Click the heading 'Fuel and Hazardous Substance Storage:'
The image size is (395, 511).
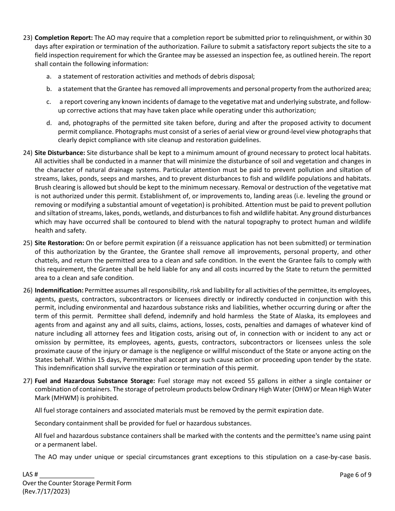[x=95, y=381]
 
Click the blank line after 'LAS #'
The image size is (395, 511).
[x=67, y=474]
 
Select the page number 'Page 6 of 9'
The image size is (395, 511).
[x=355, y=474]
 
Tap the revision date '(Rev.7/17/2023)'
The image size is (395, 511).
[x=46, y=491]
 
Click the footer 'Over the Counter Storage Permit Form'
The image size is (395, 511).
[x=77, y=483]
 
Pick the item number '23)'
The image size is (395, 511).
[x=27, y=37]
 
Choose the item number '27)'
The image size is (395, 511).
[x=27, y=381]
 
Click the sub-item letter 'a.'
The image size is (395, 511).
[x=49, y=76]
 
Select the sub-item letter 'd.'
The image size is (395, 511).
[x=49, y=123]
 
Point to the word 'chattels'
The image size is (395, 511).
[x=46, y=260]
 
